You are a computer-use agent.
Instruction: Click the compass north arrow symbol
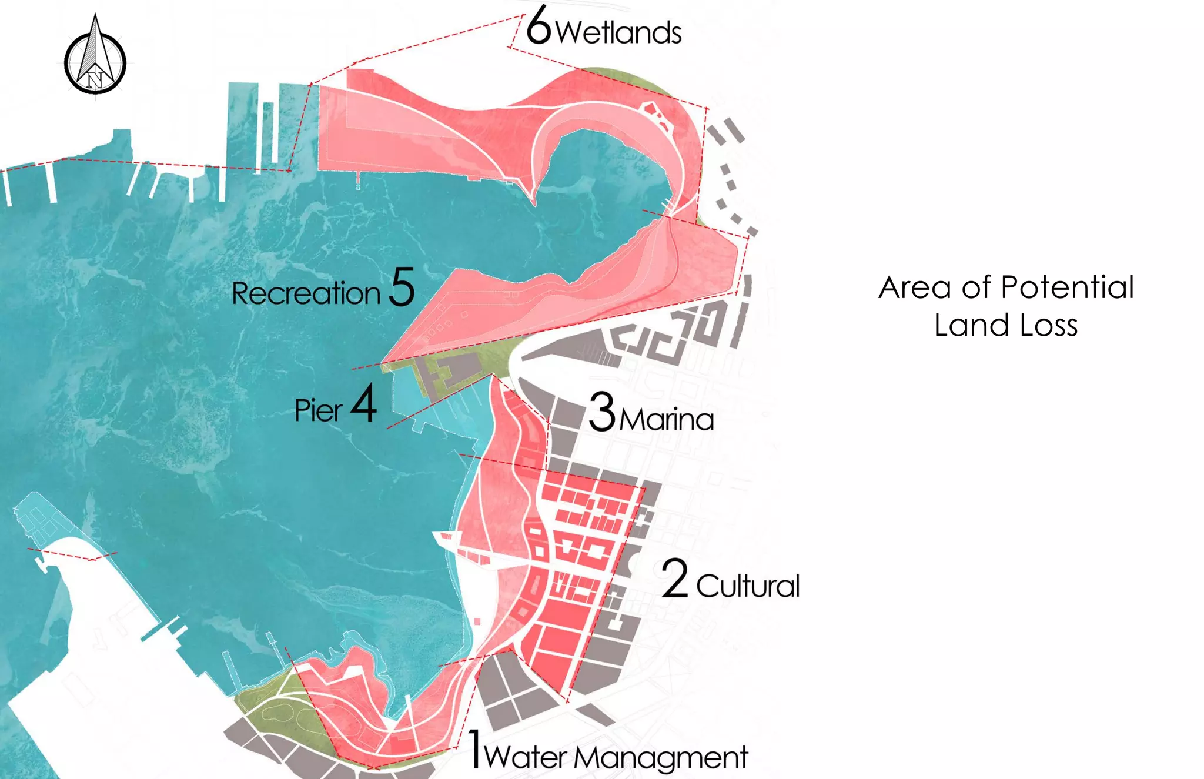pos(95,54)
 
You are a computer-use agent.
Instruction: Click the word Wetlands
pos(618,32)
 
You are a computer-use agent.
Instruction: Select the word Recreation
pos(306,293)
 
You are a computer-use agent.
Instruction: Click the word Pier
pos(318,410)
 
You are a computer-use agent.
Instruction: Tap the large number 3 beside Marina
pos(602,412)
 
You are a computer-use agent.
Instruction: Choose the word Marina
pos(667,420)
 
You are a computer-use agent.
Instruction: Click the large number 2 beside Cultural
pos(675,579)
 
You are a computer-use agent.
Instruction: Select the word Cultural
pos(748,586)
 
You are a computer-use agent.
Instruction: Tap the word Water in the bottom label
pos(526,757)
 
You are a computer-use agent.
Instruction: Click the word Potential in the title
pos(1067,287)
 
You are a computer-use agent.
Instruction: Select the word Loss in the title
pos(1049,325)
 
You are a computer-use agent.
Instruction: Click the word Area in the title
pos(915,287)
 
